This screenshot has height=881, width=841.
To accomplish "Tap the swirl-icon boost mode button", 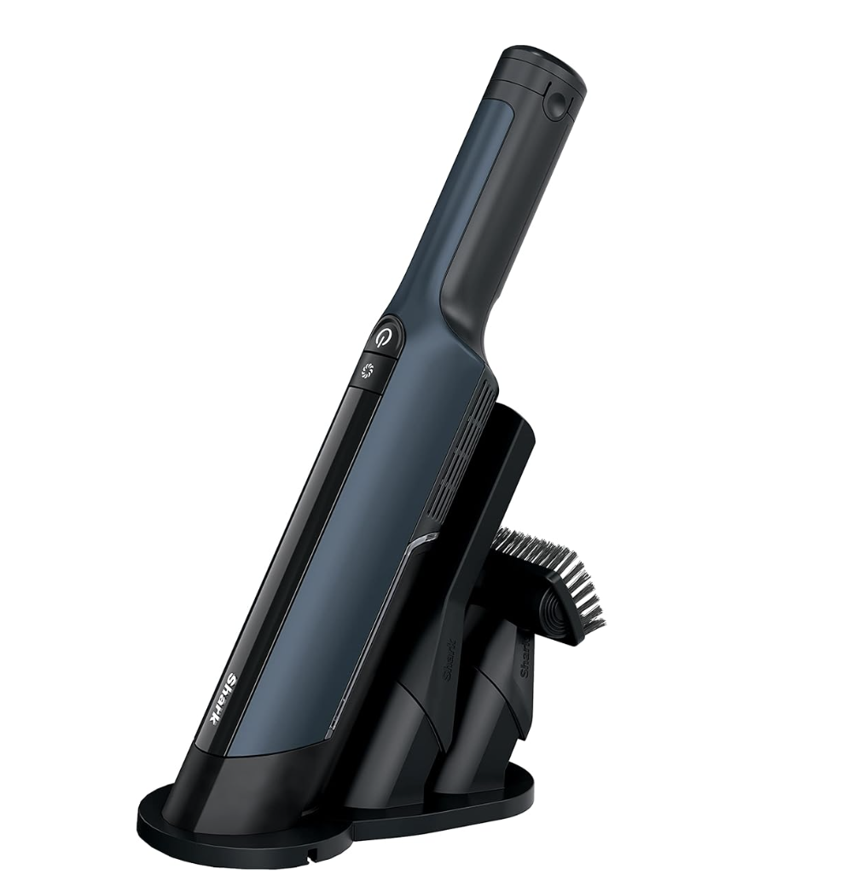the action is [x=369, y=369].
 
